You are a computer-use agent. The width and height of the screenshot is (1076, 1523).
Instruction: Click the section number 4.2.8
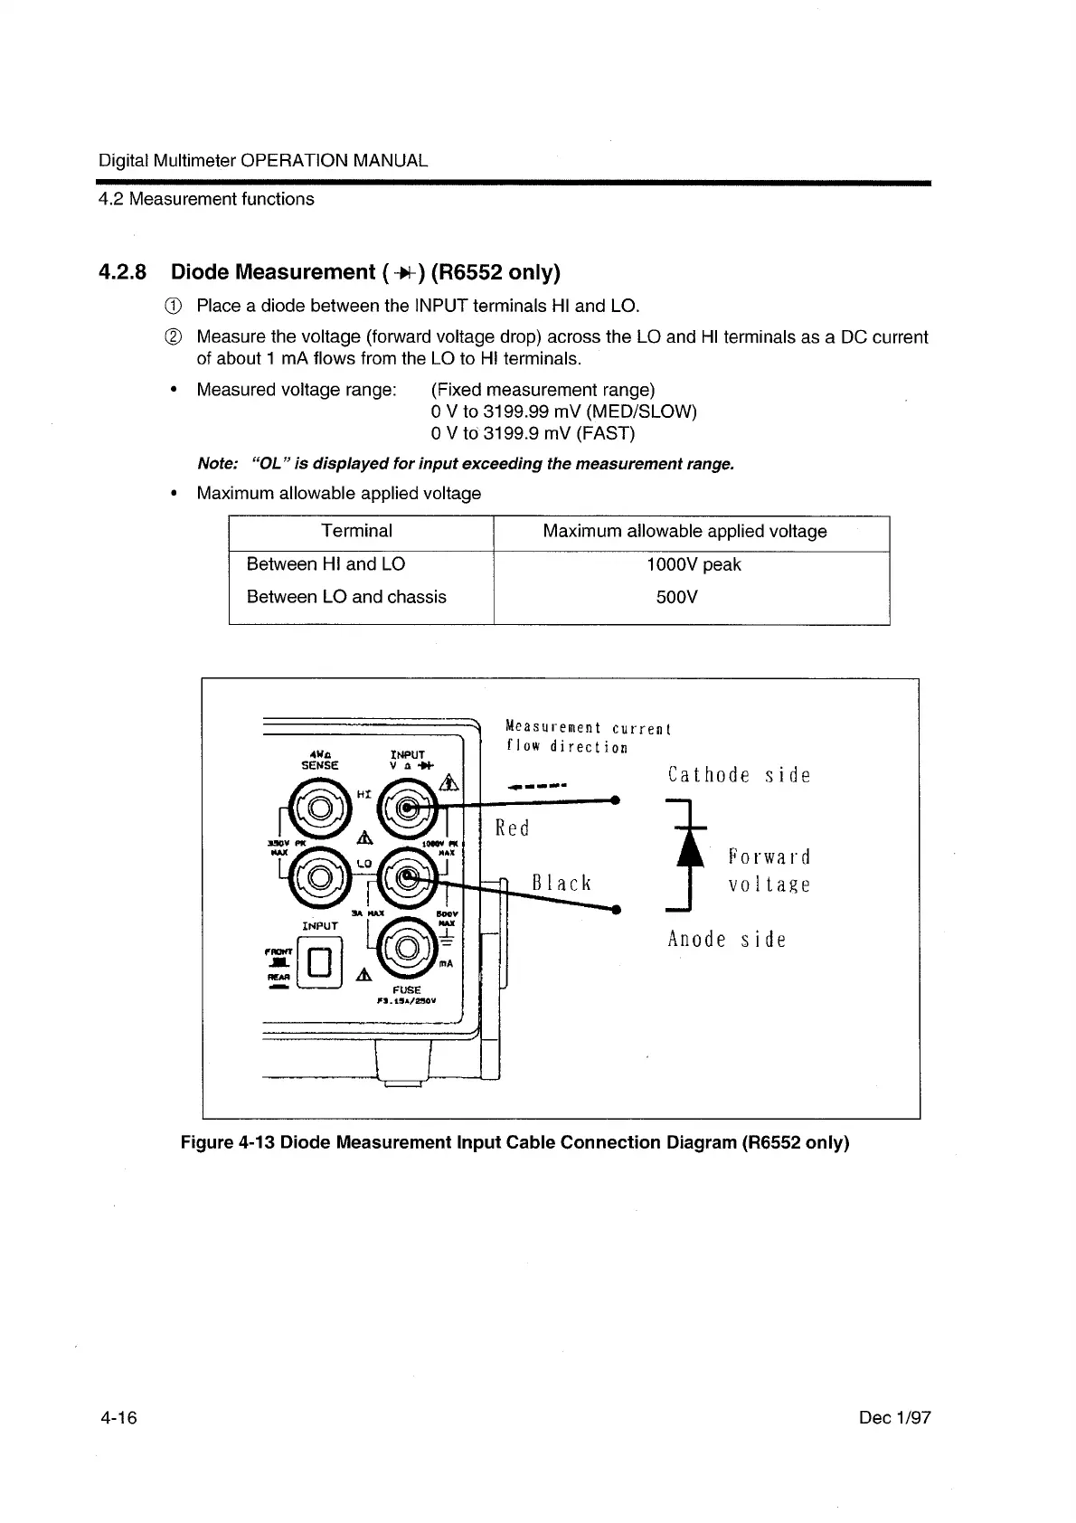pyautogui.click(x=123, y=272)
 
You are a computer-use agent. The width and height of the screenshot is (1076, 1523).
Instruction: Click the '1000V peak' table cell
pyautogui.click(x=694, y=565)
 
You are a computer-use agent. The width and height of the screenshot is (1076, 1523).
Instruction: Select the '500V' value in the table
pyautogui.click(x=676, y=597)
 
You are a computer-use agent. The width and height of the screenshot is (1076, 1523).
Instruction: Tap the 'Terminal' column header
pyautogui.click(x=356, y=532)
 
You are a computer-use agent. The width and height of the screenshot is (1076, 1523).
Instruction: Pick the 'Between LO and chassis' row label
pyautogui.click(x=346, y=597)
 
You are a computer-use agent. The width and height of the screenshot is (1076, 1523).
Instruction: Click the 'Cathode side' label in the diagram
pyautogui.click(x=739, y=775)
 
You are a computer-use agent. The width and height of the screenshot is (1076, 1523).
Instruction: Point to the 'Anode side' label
pyautogui.click(x=727, y=939)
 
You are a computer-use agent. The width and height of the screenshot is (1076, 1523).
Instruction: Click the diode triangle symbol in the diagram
pyautogui.click(x=691, y=849)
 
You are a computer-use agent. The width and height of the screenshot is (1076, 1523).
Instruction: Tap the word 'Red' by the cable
pyautogui.click(x=513, y=828)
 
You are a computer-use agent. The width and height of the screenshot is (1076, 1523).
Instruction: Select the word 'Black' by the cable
pyautogui.click(x=562, y=883)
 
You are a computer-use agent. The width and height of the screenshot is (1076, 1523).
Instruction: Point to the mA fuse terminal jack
pyautogui.click(x=406, y=948)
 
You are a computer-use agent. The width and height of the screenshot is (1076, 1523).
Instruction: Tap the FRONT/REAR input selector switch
pyautogui.click(x=323, y=961)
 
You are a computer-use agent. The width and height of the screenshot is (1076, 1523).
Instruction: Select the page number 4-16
pyautogui.click(x=118, y=1417)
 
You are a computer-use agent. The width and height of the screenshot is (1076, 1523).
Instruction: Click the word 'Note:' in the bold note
pyautogui.click(x=217, y=464)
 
